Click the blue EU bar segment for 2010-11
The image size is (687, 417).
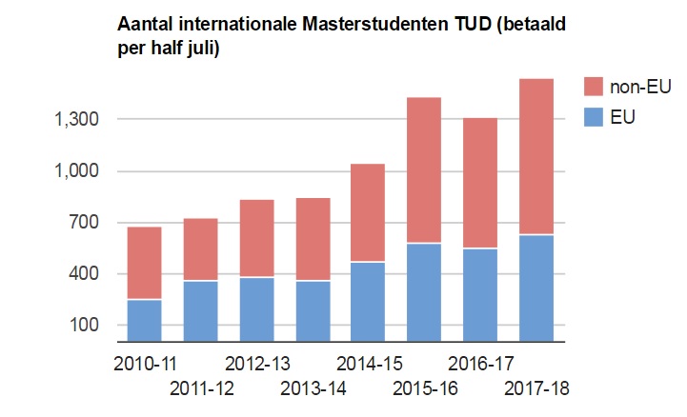[144, 320]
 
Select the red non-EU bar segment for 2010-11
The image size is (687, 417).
[144, 263]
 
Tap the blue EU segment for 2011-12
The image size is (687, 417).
[200, 310]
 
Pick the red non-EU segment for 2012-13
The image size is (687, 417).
[256, 238]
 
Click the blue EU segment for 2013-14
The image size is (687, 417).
[313, 310]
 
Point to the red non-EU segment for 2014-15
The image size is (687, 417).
[369, 212]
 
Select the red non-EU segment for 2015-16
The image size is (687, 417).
[424, 170]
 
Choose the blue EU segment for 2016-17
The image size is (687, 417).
[480, 294]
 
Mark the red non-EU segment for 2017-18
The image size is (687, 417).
[536, 156]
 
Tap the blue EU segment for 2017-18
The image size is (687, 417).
[536, 288]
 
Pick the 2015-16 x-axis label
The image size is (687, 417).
[426, 388]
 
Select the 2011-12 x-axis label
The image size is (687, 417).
[202, 388]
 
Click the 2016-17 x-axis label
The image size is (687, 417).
[481, 365]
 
